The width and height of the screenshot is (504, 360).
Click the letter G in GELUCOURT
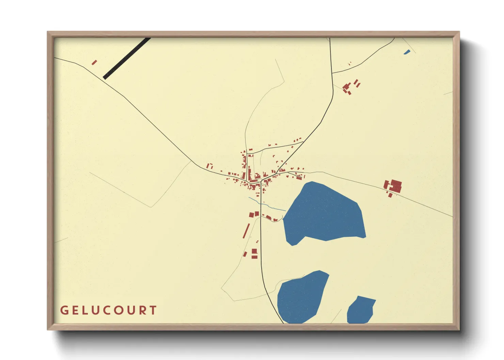pyautogui.click(x=64, y=310)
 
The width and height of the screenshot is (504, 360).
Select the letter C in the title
pyautogui.click(x=108, y=310)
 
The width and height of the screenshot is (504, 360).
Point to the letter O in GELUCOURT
pyautogui.click(x=120, y=310)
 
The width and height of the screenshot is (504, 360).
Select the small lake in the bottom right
pyautogui.click(x=360, y=310)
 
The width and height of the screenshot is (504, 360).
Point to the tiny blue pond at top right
pyautogui.click(x=407, y=52)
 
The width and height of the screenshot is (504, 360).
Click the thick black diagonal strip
pyautogui.click(x=127, y=58)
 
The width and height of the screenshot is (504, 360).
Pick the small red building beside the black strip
pyautogui.click(x=94, y=62)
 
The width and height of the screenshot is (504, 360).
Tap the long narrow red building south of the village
pyautogui.click(x=246, y=231)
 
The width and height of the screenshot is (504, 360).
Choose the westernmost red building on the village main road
pyautogui.click(x=209, y=166)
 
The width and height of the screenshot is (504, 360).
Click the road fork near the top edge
pyautogui.click(x=332, y=73)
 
